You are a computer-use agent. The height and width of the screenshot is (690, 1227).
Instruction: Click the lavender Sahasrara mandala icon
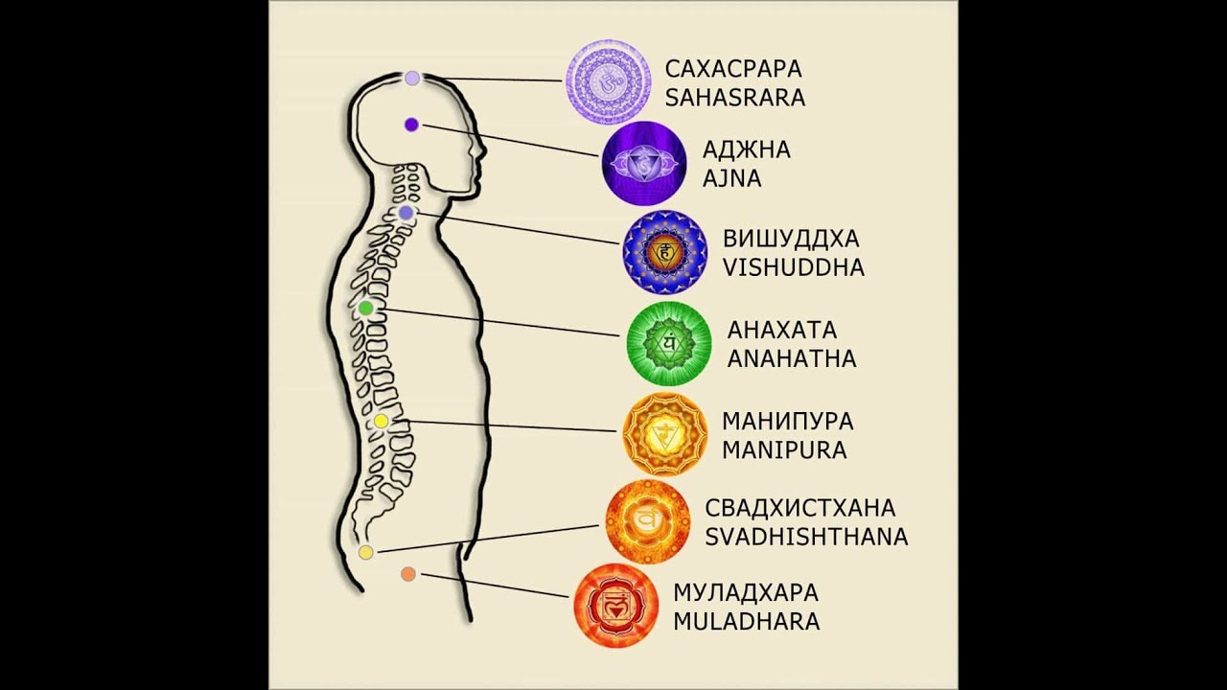(608, 81)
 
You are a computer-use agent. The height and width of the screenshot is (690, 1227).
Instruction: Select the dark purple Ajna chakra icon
(644, 164)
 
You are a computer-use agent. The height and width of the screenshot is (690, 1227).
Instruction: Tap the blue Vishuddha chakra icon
(665, 251)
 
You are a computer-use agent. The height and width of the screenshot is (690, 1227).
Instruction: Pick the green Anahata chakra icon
(669, 343)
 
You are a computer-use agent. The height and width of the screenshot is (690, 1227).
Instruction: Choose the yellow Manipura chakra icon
(665, 435)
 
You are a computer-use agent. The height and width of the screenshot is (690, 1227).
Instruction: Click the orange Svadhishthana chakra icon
(648, 521)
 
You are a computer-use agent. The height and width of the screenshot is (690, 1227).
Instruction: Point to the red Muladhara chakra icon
(615, 606)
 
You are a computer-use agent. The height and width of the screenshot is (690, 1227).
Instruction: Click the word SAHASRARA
(735, 97)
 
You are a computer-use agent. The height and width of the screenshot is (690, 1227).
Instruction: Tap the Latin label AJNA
(731, 179)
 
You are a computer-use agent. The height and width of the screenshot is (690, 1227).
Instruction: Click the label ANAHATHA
(792, 359)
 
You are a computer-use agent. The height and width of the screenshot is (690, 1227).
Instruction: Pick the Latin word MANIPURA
(784, 450)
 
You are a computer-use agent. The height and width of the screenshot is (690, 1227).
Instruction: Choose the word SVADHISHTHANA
(806, 537)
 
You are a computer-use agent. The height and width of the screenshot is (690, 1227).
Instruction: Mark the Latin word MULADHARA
(747, 621)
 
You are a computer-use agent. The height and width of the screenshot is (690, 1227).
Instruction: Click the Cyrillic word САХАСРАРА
(733, 69)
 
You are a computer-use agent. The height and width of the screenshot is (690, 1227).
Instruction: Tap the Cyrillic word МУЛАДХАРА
(746, 592)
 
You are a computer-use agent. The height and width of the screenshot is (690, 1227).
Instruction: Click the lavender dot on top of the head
(411, 78)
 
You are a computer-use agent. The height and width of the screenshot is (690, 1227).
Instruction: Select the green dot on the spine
(365, 309)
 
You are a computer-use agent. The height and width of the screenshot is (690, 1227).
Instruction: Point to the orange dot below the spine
(407, 574)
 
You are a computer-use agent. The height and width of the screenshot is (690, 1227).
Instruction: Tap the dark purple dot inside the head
(411, 124)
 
